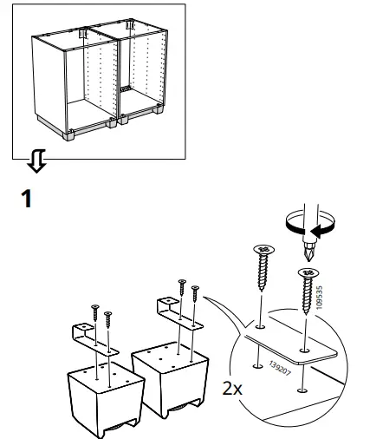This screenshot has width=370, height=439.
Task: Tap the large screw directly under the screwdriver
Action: coord(308,288)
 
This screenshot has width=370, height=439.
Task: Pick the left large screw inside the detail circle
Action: coord(263,269)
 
